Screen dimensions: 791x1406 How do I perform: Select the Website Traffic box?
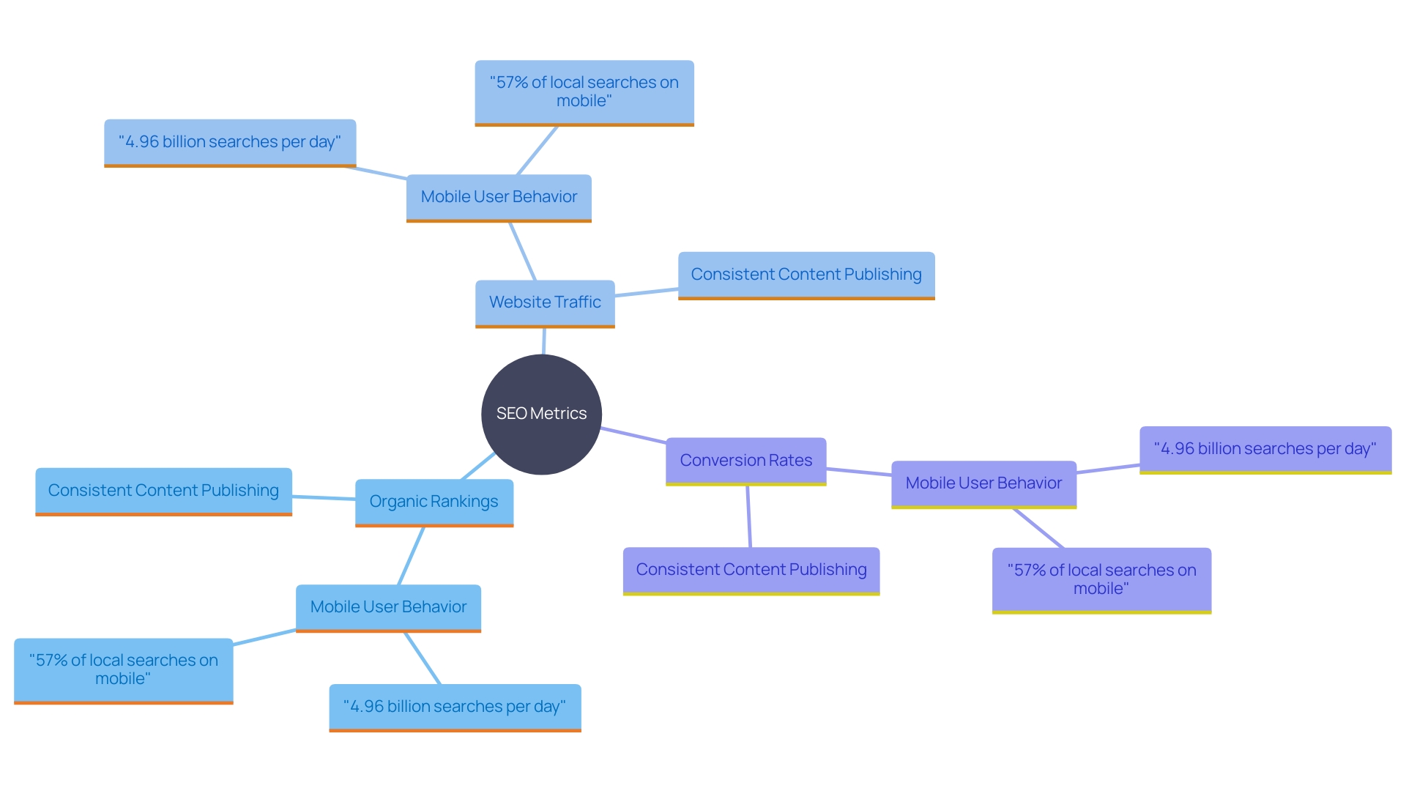[545, 302]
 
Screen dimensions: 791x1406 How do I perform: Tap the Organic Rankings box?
[434, 502]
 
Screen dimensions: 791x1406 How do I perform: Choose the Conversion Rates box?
[745, 461]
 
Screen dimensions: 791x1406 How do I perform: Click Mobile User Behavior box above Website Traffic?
[499, 197]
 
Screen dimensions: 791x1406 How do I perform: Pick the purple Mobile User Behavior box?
[983, 483]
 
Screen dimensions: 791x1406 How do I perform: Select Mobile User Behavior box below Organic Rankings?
[388, 607]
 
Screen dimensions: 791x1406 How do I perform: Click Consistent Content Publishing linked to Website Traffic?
[806, 275]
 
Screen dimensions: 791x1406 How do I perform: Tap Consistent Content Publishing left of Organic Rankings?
[163, 491]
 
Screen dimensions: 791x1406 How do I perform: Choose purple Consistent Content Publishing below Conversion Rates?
[751, 570]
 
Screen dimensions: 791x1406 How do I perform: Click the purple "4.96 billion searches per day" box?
[1265, 449]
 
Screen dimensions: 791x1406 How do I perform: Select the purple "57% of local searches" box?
[1101, 579]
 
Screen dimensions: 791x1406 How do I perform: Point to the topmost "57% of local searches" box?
[584, 92]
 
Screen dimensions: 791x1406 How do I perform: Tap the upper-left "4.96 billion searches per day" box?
[230, 142]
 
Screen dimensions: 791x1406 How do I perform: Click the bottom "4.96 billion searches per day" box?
[455, 707]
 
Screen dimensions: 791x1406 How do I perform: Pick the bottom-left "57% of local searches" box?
[123, 669]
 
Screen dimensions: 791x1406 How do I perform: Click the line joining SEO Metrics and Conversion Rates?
[633, 435]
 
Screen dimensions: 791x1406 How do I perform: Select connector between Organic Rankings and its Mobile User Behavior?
[411, 556]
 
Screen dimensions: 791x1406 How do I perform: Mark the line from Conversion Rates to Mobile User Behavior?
[859, 472]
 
